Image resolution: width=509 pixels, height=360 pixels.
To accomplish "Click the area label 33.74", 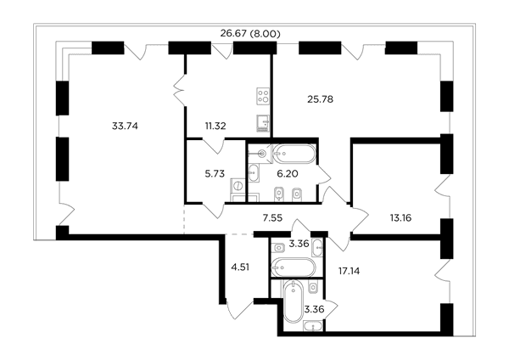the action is pos(125,126).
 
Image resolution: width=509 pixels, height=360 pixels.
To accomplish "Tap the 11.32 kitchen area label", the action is pos(215,126).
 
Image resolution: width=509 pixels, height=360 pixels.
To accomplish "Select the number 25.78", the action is pos(320,99).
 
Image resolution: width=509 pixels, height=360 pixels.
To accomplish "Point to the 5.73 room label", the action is pos(215,174).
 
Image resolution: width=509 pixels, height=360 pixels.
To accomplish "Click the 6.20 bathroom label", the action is pos(288,174).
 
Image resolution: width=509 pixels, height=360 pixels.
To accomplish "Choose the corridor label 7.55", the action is pos(272,217).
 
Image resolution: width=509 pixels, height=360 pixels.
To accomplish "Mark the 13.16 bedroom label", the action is pos(400,217).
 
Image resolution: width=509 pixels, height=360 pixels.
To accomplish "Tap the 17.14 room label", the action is pos(349,271).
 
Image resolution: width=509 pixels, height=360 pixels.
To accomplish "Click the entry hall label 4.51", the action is pos(240,267).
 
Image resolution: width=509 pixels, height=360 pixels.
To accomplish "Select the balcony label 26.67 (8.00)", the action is pos(250,34).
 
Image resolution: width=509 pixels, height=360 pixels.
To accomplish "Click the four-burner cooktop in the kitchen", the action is pos(263,96).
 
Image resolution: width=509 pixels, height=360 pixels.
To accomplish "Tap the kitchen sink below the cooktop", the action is pos(263,123).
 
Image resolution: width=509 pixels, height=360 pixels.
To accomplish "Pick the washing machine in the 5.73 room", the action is pos(238,186).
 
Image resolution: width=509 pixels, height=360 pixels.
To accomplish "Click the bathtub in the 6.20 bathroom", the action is pos(294,154).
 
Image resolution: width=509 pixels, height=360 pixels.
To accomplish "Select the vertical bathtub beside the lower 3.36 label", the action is pos(293,301).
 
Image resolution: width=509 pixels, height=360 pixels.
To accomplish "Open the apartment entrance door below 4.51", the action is pos(240,310).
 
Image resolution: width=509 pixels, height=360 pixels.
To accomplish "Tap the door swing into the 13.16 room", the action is pos(360,219).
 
